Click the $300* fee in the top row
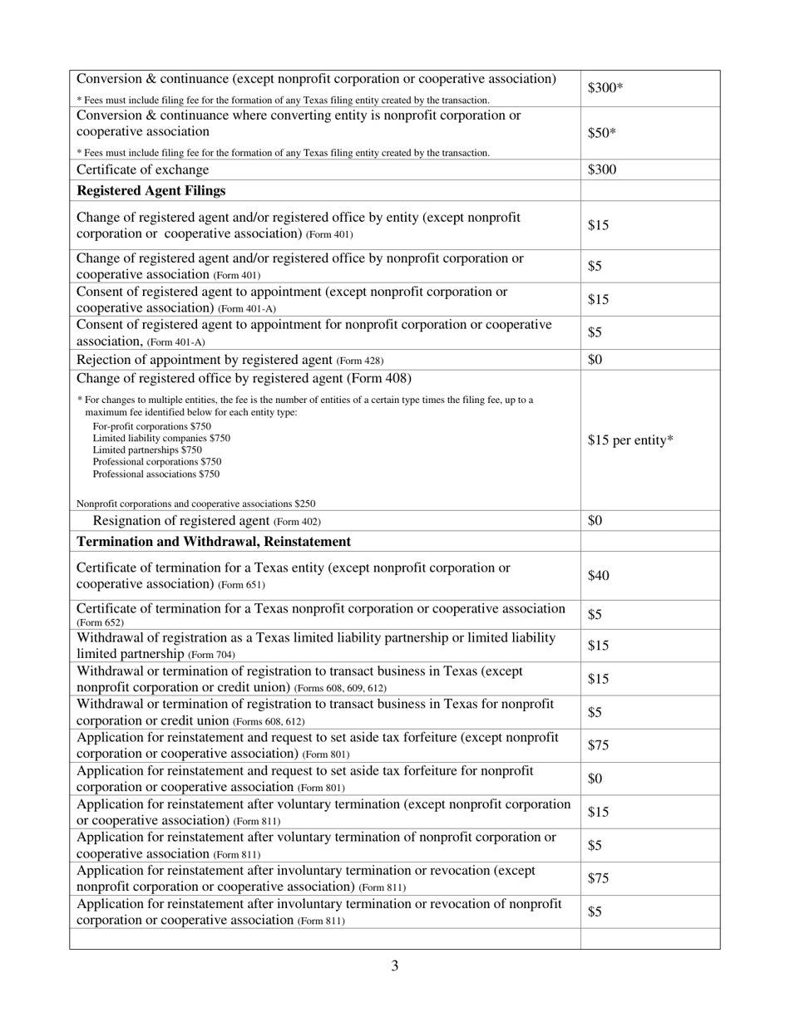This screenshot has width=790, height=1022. pyautogui.click(x=605, y=87)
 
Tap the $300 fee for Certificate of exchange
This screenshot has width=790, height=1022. pyautogui.click(x=602, y=170)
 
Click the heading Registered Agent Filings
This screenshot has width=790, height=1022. pyautogui.click(x=151, y=190)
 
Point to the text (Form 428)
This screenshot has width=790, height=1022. pyautogui.click(x=360, y=361)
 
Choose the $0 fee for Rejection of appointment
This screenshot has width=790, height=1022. pyautogui.click(x=595, y=360)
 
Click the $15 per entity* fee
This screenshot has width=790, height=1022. pyautogui.click(x=630, y=440)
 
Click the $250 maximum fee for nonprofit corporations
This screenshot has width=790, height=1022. pyautogui.click(x=304, y=504)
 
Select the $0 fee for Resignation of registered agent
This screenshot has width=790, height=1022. pyautogui.click(x=595, y=521)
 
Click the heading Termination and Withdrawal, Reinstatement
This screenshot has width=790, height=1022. pyautogui.click(x=214, y=542)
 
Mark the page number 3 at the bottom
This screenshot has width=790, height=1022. pyautogui.click(x=395, y=965)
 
